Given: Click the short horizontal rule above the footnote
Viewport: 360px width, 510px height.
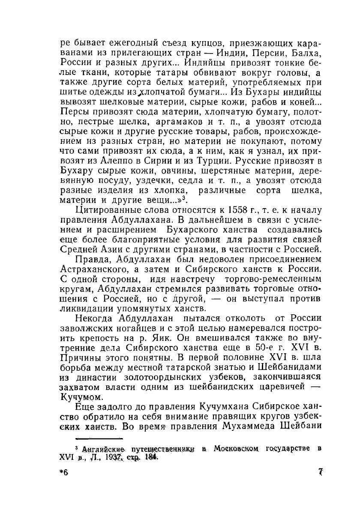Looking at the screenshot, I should (x=99, y=438).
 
